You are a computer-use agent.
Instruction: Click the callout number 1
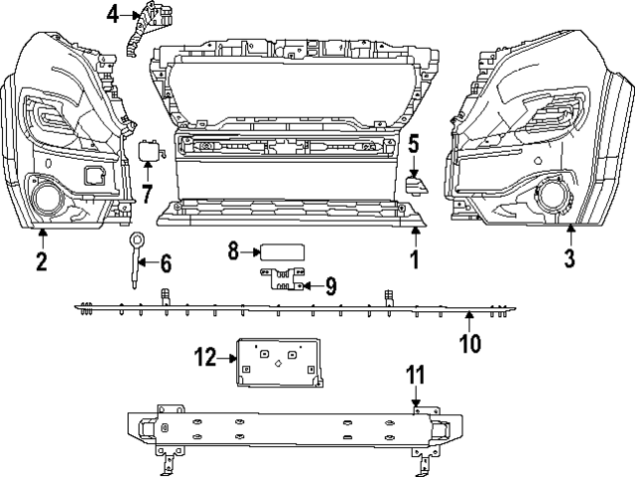click(415, 261)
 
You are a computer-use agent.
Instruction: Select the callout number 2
click(41, 262)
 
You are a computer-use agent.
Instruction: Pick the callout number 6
click(165, 263)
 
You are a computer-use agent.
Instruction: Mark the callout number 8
click(234, 252)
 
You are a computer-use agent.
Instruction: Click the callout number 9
click(330, 287)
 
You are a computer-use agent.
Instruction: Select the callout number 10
click(470, 344)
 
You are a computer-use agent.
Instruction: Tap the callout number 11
click(416, 376)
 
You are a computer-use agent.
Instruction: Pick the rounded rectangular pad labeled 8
click(281, 252)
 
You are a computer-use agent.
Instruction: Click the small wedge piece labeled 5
click(417, 184)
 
